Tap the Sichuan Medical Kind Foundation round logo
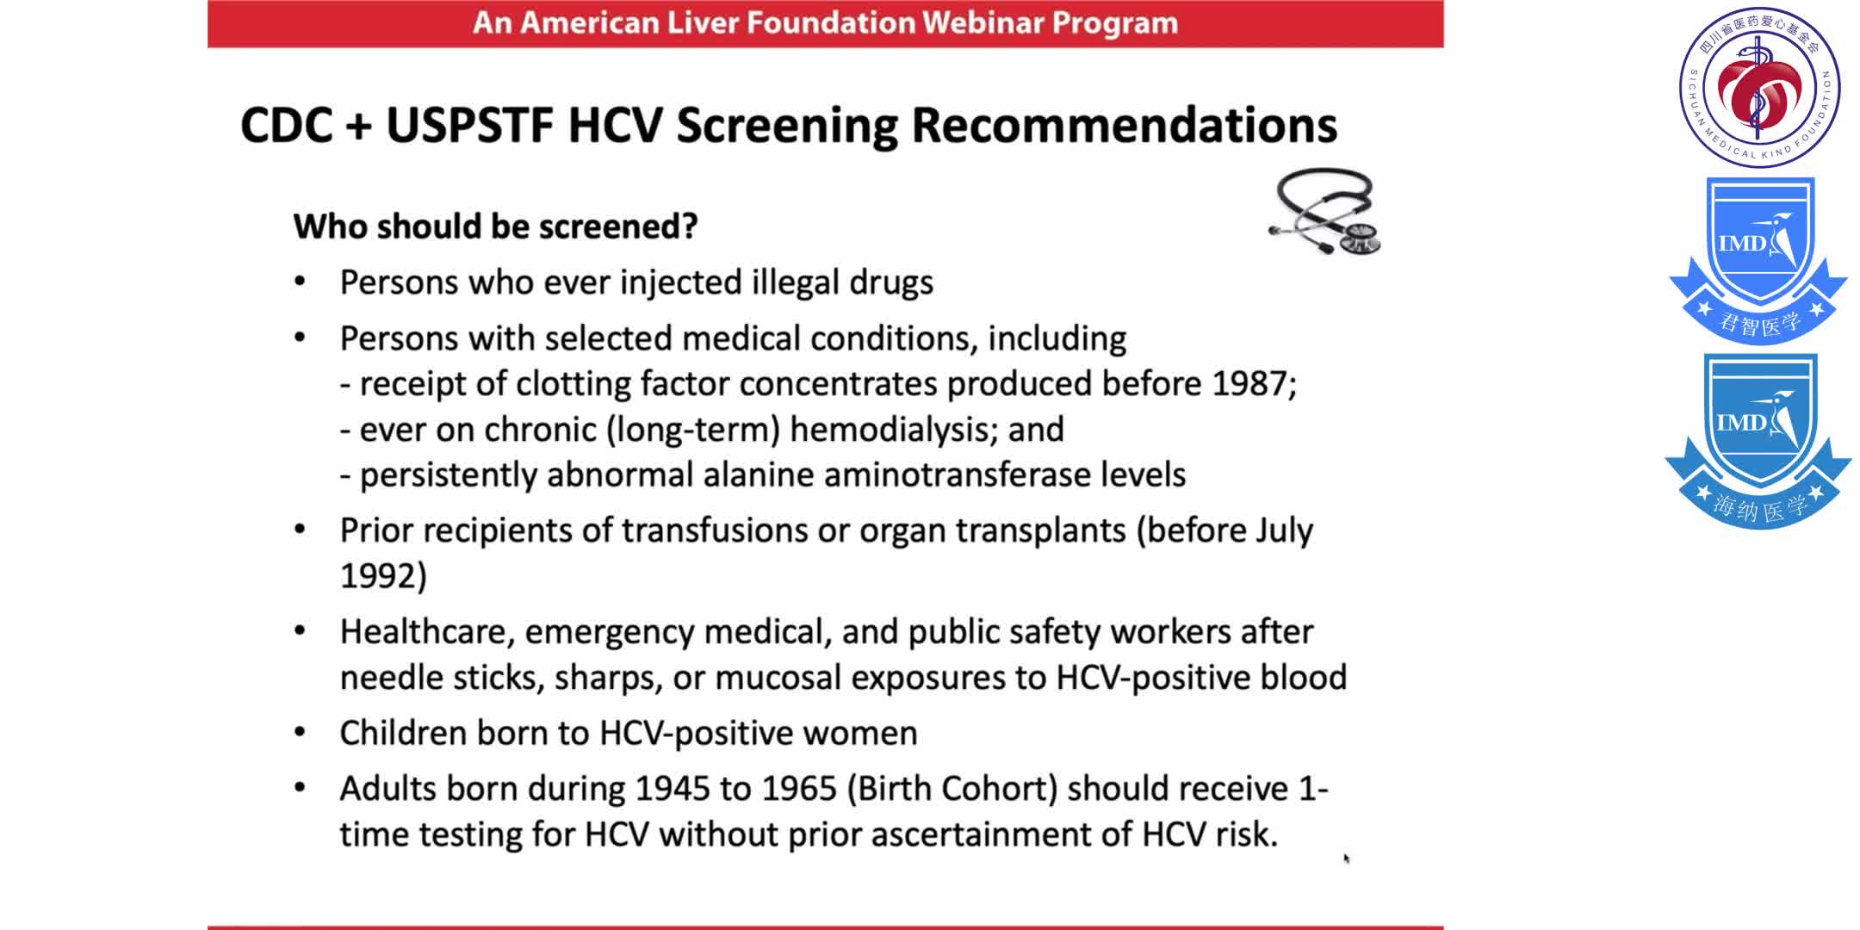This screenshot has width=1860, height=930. pyautogui.click(x=1759, y=87)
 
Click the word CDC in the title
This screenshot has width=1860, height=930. pyautogui.click(x=287, y=125)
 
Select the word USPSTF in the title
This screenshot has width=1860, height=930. pyautogui.click(x=469, y=125)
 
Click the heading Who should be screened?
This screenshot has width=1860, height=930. pyautogui.click(x=495, y=226)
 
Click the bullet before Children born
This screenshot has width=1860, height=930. pyautogui.click(x=300, y=733)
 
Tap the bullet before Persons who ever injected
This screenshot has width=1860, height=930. pyautogui.click(x=300, y=282)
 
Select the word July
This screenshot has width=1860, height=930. pyautogui.click(x=1284, y=531)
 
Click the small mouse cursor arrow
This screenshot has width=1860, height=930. pyautogui.click(x=1346, y=858)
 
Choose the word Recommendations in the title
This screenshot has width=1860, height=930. pyautogui.click(x=1125, y=125)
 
